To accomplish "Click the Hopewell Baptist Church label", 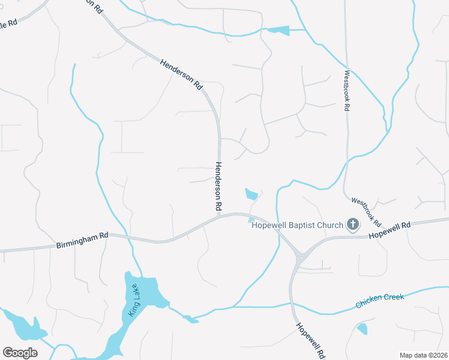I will [x=297, y=225].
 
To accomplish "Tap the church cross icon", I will [x=353, y=225].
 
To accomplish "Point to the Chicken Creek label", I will [x=379, y=300].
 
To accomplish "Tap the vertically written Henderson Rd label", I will [x=218, y=186].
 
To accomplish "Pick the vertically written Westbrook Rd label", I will [x=346, y=91].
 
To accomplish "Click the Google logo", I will [x=20, y=352].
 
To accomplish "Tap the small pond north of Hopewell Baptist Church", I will [x=252, y=194].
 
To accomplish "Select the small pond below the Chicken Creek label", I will [x=362, y=328].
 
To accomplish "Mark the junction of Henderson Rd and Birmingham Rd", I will [x=220, y=215].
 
